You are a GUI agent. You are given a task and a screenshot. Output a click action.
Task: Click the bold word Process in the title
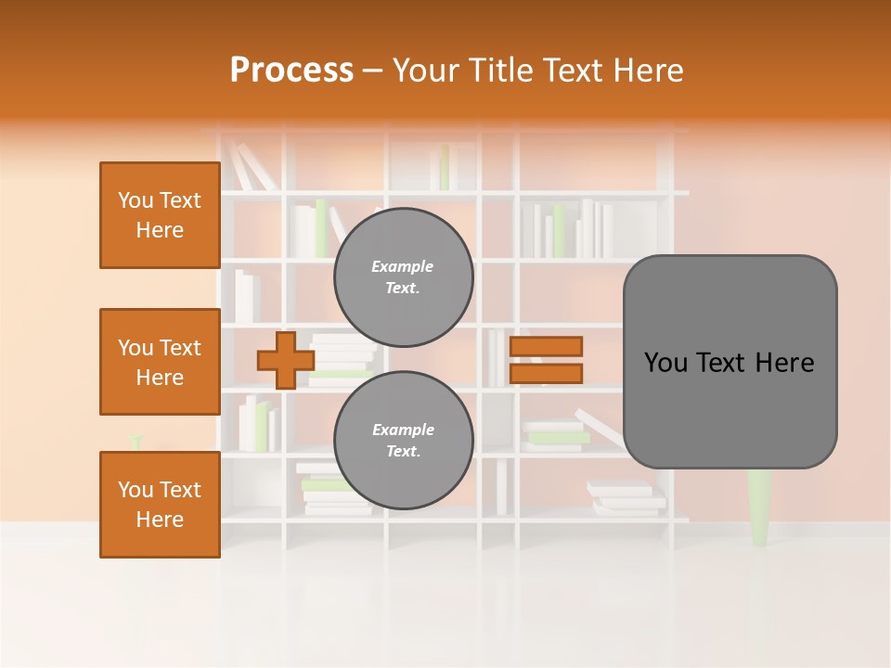coord(291,71)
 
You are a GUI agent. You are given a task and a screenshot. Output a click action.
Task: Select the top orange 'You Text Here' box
coord(160,215)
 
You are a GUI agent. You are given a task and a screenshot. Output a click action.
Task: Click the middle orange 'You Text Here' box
coord(160,362)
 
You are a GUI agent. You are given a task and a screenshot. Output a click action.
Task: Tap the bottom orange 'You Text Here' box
coord(160,504)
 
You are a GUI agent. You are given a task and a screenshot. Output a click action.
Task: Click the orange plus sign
coord(285,360)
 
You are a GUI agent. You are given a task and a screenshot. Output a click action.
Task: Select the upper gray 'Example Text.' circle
coord(403,276)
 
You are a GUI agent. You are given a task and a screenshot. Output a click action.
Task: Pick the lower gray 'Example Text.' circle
coord(403,440)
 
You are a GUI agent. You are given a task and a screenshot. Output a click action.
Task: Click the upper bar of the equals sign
coord(546,347)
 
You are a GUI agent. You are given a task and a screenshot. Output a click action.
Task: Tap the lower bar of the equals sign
coord(546,373)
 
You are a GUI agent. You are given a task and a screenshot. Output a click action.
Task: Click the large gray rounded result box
coord(730,362)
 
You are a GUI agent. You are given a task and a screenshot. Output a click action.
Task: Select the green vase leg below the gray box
coord(759,507)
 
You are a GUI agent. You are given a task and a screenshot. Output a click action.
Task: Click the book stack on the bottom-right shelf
coord(626,498)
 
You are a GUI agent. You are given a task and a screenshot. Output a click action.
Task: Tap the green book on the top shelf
coord(445,168)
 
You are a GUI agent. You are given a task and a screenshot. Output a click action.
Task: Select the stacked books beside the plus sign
coord(342,360)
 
